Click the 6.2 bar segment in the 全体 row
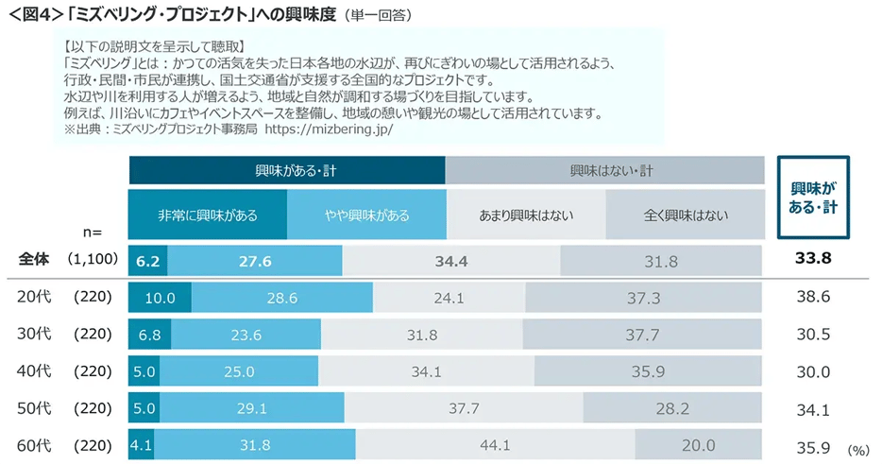click(148, 259)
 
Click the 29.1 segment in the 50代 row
click(257, 408)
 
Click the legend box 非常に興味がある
click(208, 215)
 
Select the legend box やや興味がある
click(366, 215)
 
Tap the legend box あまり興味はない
click(526, 215)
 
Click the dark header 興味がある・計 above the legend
click(287, 171)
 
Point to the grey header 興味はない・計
click(605, 171)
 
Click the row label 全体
click(35, 259)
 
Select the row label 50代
click(36, 408)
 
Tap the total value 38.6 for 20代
click(812, 298)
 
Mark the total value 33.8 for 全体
click(812, 259)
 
